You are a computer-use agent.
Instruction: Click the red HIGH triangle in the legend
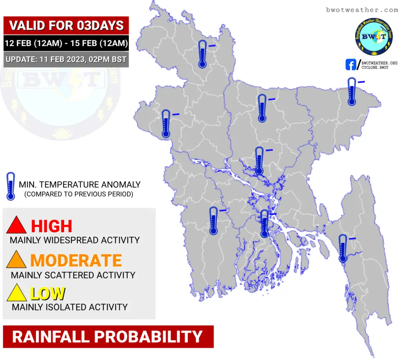point(16,225)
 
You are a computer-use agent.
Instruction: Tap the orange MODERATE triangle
point(16,260)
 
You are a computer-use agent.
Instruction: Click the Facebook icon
point(351,65)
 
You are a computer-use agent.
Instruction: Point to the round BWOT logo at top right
point(374,37)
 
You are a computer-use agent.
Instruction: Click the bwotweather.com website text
point(362,10)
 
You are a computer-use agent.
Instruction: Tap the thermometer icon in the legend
point(11,186)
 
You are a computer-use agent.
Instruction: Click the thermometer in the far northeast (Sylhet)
point(352,91)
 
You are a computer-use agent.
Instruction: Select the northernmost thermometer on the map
point(203,54)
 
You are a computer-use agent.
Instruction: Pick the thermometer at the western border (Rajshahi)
point(166,124)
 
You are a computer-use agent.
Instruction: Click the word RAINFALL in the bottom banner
point(51,337)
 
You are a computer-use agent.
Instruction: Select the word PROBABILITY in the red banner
point(149,337)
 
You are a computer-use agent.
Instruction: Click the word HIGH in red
point(52,226)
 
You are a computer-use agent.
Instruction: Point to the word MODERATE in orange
point(76,260)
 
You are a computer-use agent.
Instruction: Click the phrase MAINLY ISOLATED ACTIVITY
point(70,307)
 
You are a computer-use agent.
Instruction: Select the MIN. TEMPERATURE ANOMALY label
point(80,185)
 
